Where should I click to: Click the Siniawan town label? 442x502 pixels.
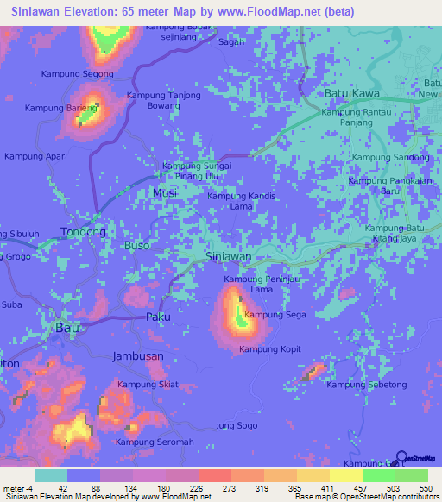[x=230, y=257]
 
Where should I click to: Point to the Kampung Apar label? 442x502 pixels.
[x=35, y=156]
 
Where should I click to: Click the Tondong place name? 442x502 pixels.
[x=83, y=232]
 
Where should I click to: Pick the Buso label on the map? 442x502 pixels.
[x=137, y=246]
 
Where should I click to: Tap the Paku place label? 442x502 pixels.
[x=158, y=317]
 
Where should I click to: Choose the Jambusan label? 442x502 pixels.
[x=138, y=356]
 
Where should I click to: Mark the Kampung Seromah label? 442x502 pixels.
[x=155, y=442]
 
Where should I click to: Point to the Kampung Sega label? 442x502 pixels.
[x=275, y=315]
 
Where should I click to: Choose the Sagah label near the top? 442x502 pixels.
[x=230, y=41]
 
